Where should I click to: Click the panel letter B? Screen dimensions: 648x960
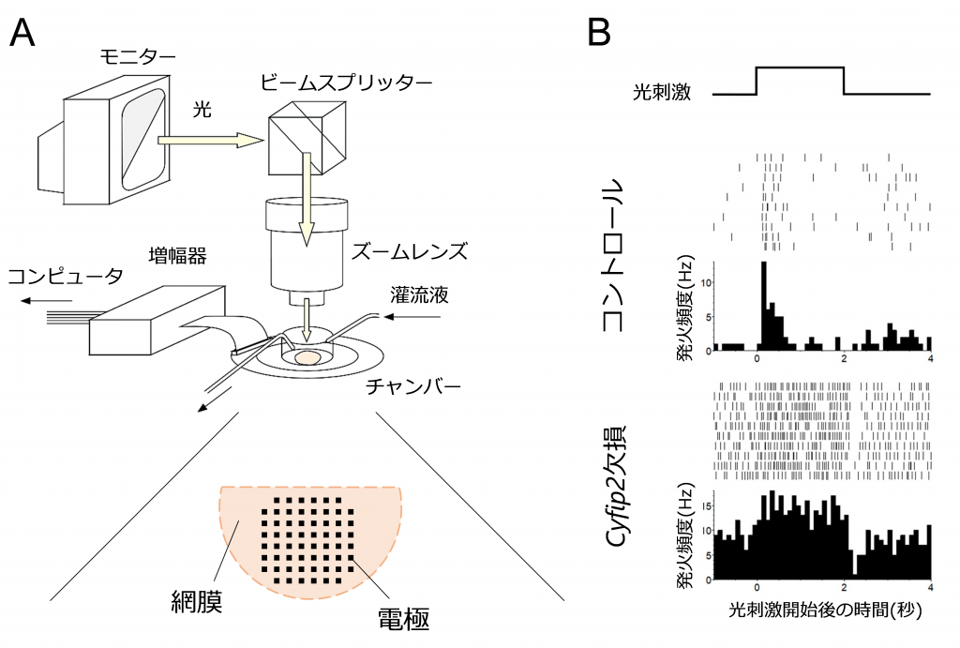tap(599, 35)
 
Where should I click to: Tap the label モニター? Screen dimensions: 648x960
tap(138, 55)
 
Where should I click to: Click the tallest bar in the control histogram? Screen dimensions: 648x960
tap(764, 306)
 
